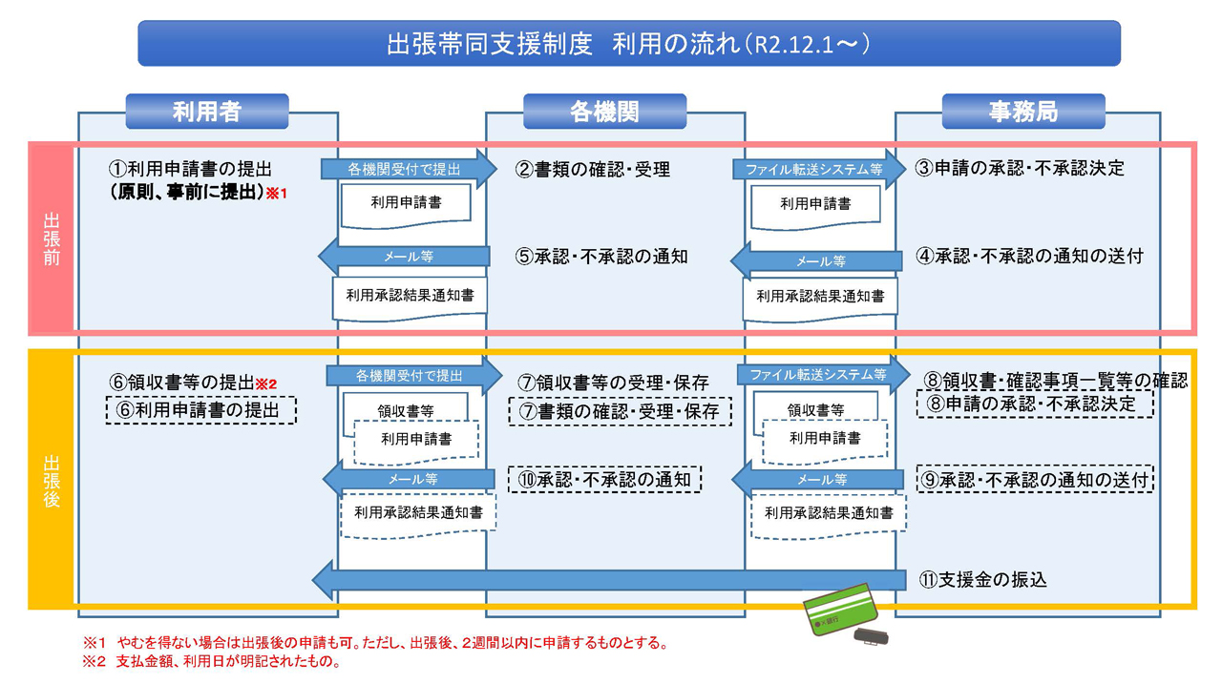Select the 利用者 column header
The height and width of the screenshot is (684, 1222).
point(206,112)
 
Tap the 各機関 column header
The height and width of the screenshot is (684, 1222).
point(604,112)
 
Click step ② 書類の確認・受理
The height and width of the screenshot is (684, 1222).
point(593,170)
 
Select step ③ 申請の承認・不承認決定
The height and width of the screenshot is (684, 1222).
point(1020,169)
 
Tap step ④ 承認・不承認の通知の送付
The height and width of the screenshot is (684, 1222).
point(1029,256)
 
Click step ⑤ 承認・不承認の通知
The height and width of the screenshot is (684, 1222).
point(601,257)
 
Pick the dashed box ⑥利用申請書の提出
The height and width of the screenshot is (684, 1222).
point(200,410)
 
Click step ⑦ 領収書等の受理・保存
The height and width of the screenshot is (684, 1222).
point(614,383)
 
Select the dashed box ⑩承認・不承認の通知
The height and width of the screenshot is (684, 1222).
point(605,479)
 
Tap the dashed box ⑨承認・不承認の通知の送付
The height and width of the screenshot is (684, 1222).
point(1035,479)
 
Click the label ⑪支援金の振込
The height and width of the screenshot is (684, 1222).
point(983,579)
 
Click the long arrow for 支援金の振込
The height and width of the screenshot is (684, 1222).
point(611,579)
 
